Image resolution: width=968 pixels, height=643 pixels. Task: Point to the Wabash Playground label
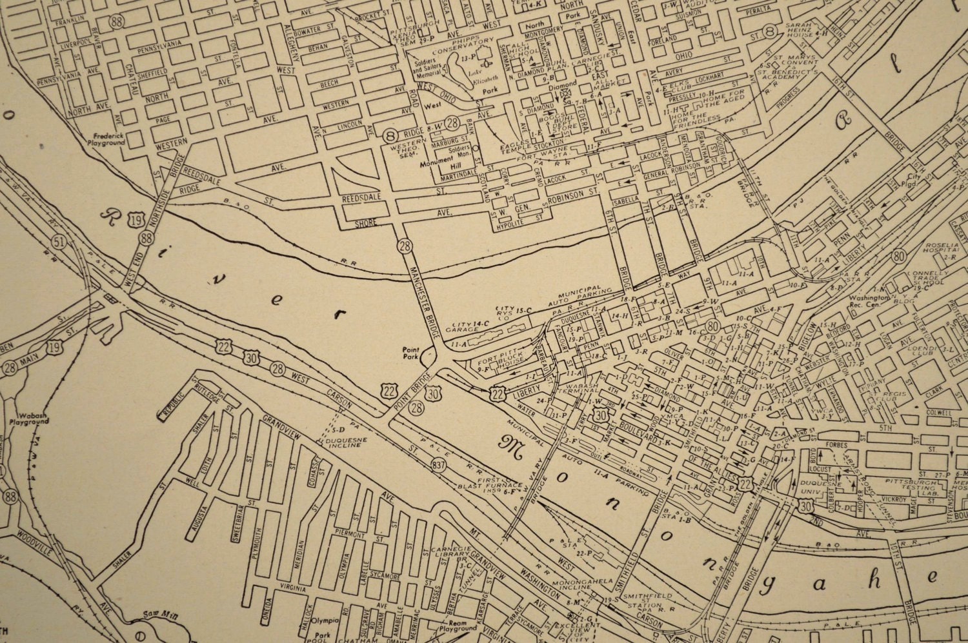29,418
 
